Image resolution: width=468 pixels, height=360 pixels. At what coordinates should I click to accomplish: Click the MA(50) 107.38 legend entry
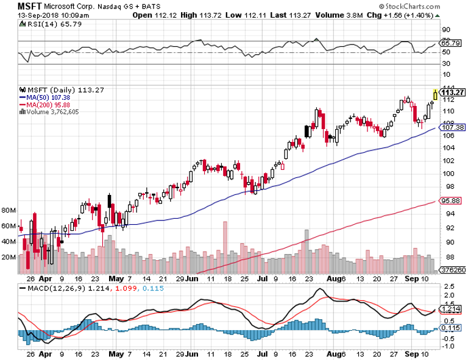point(46,97)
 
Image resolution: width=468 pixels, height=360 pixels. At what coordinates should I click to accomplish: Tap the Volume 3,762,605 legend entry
point(54,111)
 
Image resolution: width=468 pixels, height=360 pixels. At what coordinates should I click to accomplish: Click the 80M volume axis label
point(9,210)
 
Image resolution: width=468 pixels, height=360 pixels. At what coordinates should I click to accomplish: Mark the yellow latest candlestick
point(435,94)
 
